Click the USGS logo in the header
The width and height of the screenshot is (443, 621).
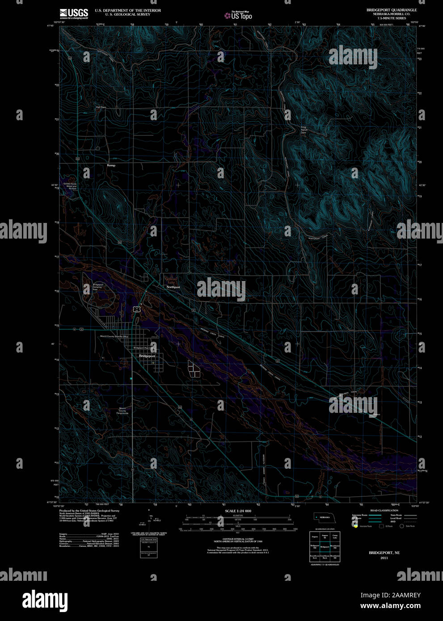click(74, 13)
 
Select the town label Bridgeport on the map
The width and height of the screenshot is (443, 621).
click(147, 356)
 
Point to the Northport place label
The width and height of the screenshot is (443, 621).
click(173, 287)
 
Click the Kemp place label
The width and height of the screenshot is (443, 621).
click(111, 165)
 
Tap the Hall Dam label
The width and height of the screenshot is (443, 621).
click(101, 107)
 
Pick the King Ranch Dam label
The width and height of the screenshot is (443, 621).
click(304, 130)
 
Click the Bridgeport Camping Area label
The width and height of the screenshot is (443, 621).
click(98, 287)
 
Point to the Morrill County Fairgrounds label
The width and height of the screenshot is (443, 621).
click(122, 411)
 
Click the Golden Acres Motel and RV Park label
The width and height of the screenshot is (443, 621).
click(70, 186)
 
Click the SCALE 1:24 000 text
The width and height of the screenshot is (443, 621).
click(238, 511)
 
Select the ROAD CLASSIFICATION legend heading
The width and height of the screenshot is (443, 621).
click(384, 510)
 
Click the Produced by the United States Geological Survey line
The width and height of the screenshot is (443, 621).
click(89, 511)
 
